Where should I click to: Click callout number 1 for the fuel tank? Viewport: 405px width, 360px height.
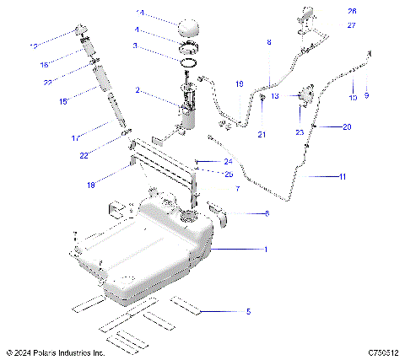pyautogui.click(x=266, y=250)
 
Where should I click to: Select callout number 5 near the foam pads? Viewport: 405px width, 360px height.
pyautogui.click(x=248, y=312)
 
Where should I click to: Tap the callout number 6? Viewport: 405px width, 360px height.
pyautogui.click(x=267, y=214)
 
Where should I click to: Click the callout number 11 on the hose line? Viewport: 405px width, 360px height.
pyautogui.click(x=342, y=176)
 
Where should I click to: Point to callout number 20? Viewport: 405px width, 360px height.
pyautogui.click(x=347, y=127)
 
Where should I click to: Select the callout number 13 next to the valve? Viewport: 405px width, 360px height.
pyautogui.click(x=275, y=96)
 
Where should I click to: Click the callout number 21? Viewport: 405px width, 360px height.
pyautogui.click(x=262, y=135)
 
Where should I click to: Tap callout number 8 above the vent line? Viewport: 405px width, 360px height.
pyautogui.click(x=268, y=41)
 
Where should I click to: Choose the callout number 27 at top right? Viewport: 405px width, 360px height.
pyautogui.click(x=352, y=25)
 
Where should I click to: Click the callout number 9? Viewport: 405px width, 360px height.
pyautogui.click(x=367, y=97)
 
